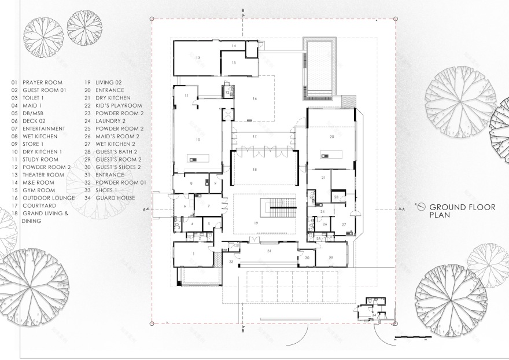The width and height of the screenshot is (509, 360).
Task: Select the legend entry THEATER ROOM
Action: (43, 175)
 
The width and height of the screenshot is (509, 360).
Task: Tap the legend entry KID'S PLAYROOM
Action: (118, 106)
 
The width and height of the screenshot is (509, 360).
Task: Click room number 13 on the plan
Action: (197, 58)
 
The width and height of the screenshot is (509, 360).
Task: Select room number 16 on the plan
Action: (254, 99)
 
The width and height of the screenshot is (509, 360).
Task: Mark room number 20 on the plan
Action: (331, 137)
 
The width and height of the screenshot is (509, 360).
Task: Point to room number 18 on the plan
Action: (254, 169)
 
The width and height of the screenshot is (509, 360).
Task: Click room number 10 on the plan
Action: (197, 140)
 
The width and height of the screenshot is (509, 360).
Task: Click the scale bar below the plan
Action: (408, 337)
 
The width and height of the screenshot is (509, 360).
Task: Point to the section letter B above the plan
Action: (244, 11)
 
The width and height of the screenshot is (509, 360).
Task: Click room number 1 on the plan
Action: (194, 254)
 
